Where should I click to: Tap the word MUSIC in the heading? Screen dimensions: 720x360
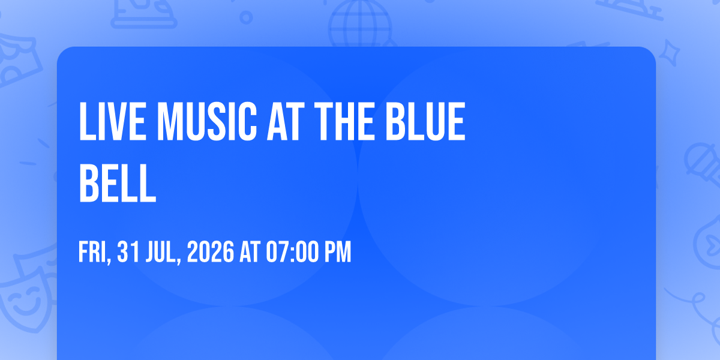(207, 121)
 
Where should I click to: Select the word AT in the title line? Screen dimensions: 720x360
(286, 121)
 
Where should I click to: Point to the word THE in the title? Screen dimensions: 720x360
(344, 121)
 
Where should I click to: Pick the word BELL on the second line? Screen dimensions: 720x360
(118, 183)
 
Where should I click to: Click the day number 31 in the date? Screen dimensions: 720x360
(128, 252)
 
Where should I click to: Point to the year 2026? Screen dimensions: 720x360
(211, 252)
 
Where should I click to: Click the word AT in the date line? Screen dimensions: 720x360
(250, 252)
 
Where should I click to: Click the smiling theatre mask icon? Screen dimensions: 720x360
(26, 299)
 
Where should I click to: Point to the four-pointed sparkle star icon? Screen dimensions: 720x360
(670, 53)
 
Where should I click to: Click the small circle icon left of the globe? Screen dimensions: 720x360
(246, 17)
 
